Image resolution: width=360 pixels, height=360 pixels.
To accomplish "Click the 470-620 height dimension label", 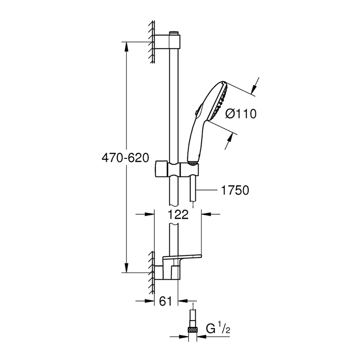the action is (125, 158).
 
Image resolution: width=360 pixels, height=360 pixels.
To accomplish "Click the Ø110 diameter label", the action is (241, 114).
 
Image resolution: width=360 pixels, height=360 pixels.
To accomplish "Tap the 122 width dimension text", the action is (177, 215).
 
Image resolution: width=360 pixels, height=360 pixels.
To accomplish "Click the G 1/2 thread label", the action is (217, 328).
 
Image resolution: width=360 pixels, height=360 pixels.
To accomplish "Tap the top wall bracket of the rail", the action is (168, 42).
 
